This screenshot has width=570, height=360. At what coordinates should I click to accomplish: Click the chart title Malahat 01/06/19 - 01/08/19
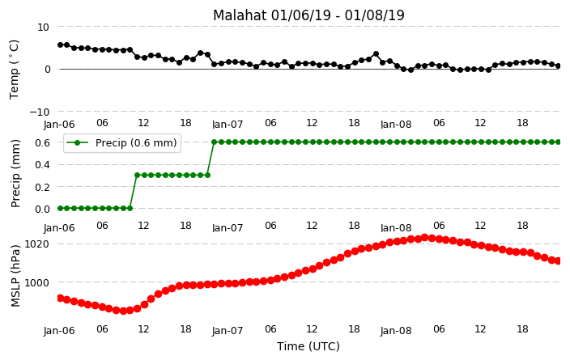pyautogui.click(x=308, y=15)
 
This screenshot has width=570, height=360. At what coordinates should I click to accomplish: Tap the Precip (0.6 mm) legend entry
pyautogui.click(x=121, y=142)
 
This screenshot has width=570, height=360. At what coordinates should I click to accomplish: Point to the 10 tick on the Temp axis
pyautogui.click(x=43, y=28)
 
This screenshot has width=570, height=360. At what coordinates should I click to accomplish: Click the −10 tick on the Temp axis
pyautogui.click(x=39, y=112)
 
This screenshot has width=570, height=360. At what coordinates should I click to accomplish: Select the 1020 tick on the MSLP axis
pyautogui.click(x=36, y=244)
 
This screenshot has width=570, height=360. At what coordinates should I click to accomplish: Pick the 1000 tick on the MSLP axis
pyautogui.click(x=36, y=282)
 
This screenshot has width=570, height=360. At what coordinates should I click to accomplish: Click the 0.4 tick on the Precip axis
pyautogui.click(x=43, y=164)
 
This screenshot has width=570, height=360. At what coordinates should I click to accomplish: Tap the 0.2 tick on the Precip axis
pyautogui.click(x=43, y=187)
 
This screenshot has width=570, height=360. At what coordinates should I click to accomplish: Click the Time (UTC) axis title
pyautogui.click(x=308, y=346)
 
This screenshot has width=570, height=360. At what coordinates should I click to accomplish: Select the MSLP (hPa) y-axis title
pyautogui.click(x=15, y=276)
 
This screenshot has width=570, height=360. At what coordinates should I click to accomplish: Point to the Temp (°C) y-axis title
pyautogui.click(x=14, y=70)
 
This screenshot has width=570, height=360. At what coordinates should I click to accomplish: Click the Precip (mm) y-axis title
pyautogui.click(x=15, y=173)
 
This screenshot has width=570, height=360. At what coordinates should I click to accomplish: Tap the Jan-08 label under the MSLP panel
pyautogui.click(x=396, y=331)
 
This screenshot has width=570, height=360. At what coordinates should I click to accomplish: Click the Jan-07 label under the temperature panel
pyautogui.click(x=228, y=125)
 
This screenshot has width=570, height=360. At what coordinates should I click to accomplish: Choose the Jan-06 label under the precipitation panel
pyautogui.click(x=59, y=228)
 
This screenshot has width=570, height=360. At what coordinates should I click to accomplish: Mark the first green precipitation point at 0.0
pyautogui.click(x=61, y=209)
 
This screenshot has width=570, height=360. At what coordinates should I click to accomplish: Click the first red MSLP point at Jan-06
pyautogui.click(x=61, y=299)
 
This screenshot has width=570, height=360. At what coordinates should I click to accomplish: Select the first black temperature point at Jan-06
pyautogui.click(x=61, y=44)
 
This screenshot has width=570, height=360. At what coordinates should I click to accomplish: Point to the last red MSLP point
pyautogui.click(x=558, y=260)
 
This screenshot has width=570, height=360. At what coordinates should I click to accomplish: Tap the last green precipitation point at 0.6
pyautogui.click(x=558, y=142)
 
